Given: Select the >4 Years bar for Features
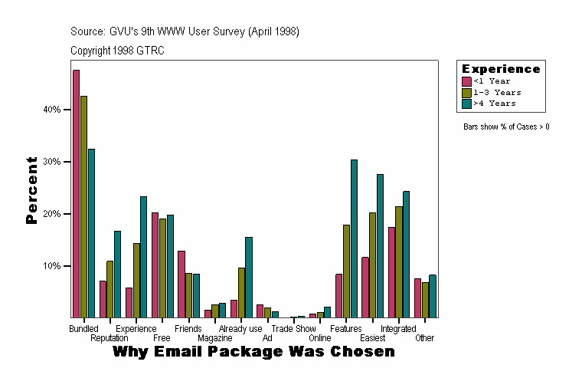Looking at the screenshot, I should point(354,238).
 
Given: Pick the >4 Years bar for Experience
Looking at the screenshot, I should point(143,257).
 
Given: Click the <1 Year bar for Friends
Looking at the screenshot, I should point(181,284).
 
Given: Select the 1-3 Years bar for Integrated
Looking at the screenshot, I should point(399,261).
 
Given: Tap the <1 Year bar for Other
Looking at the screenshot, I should point(418,298).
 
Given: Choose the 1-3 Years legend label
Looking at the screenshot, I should point(497,92).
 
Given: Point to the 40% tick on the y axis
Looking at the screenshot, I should point(69,110).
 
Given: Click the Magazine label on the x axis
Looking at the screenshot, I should point(215,338).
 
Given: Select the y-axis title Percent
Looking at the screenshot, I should point(31,189).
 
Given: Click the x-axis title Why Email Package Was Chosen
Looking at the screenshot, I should point(253,352).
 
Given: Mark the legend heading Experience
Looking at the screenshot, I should point(501,69).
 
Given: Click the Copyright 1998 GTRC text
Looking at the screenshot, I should point(117,51).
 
